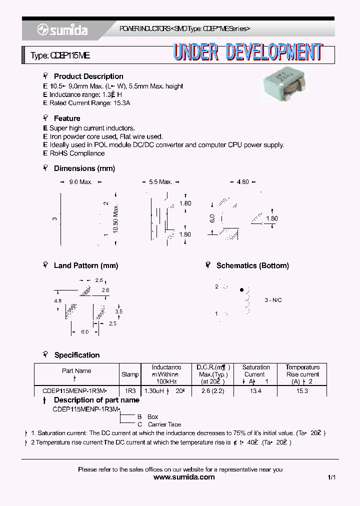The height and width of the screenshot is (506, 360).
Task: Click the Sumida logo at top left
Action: point(62,30)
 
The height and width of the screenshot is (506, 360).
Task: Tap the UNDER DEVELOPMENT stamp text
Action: point(248,52)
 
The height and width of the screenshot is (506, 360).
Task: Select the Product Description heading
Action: point(88,76)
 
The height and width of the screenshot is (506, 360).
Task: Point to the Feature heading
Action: point(66,118)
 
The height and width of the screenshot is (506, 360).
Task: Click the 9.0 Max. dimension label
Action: point(80,182)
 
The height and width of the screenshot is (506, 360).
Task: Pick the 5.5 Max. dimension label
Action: point(160,182)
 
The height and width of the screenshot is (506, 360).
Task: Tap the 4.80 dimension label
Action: point(242,182)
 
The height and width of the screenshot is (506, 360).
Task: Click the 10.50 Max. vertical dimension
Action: point(115,218)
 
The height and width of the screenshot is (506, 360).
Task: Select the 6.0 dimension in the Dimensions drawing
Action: point(212,218)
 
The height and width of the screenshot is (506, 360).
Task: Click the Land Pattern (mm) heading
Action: point(85,265)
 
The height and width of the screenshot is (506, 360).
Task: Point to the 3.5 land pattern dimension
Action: point(118,311)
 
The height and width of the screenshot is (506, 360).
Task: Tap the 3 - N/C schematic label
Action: point(273,300)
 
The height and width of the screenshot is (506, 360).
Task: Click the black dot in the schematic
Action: point(242,290)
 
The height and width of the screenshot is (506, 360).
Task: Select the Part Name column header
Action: point(76,370)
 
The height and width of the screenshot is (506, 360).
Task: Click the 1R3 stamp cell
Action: point(130,390)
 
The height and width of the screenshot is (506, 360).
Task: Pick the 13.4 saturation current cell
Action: point(255,390)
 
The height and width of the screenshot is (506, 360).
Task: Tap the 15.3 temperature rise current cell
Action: point(302,390)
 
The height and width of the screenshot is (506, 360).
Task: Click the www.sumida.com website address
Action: point(184,477)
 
